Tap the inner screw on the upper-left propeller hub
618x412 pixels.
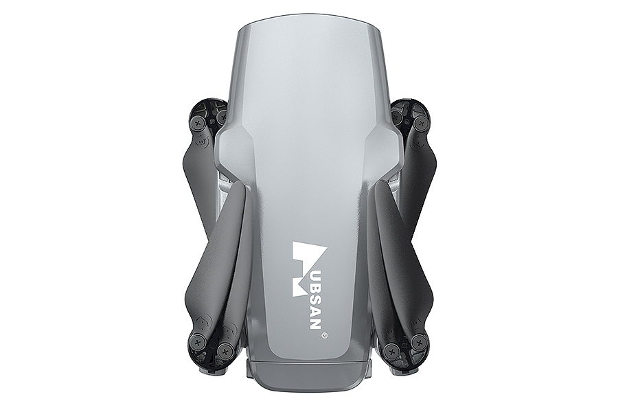(222, 117)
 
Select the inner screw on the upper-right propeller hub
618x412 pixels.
(396, 116)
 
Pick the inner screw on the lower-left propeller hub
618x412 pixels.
(225, 350)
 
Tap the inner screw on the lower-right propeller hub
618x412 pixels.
(392, 350)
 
